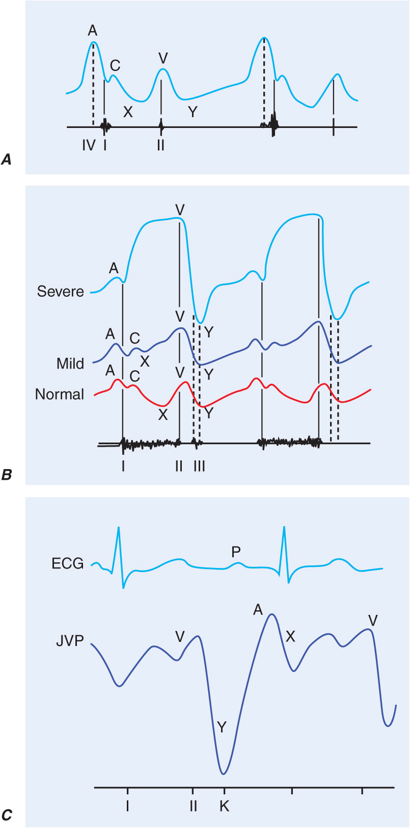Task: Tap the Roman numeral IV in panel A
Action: pyautogui.click(x=89, y=145)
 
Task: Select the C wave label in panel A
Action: pyautogui.click(x=115, y=65)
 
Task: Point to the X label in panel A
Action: pyautogui.click(x=127, y=112)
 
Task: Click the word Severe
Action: pyautogui.click(x=60, y=292)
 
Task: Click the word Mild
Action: pyautogui.click(x=70, y=364)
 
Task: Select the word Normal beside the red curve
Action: pyautogui.click(x=60, y=394)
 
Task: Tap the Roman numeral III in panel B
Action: pyautogui.click(x=199, y=466)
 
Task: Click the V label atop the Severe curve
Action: pyautogui.click(x=179, y=210)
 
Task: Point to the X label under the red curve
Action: pyautogui.click(x=162, y=415)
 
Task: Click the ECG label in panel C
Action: pyautogui.click(x=67, y=563)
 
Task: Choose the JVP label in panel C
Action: pyautogui.click(x=70, y=641)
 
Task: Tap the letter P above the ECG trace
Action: pyautogui.click(x=236, y=552)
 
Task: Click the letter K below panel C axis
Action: pyautogui.click(x=224, y=806)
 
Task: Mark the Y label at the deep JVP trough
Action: pyautogui.click(x=222, y=727)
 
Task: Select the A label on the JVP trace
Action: pyautogui.click(x=258, y=609)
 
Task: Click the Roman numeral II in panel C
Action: pyautogui.click(x=193, y=806)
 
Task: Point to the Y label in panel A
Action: pyautogui.click(x=192, y=112)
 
